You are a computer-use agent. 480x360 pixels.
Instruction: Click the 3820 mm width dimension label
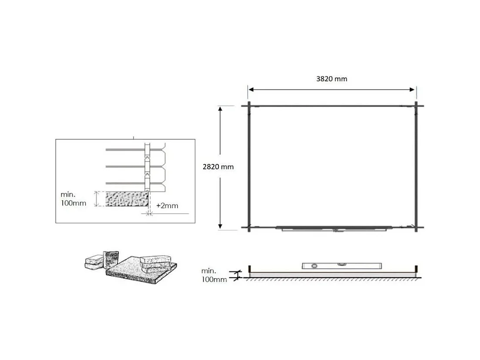coord(332,79)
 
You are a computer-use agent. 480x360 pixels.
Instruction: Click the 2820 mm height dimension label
coord(218,167)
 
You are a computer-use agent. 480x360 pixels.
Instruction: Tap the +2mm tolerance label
coord(167,206)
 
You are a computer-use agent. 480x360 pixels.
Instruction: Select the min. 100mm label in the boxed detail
coord(74,199)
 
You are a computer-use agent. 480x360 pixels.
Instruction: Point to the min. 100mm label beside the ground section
coord(214,276)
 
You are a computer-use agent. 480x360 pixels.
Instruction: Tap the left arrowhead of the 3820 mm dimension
coord(251,90)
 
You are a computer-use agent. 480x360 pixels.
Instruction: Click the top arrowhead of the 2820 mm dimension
coord(221,109)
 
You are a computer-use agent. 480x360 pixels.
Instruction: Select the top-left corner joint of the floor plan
coord(248,106)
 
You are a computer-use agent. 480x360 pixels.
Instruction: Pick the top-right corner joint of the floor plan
coord(416,106)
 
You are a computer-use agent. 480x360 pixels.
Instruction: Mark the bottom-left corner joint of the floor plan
coord(248,227)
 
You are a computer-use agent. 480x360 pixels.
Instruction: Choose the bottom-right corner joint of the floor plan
coord(416,227)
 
